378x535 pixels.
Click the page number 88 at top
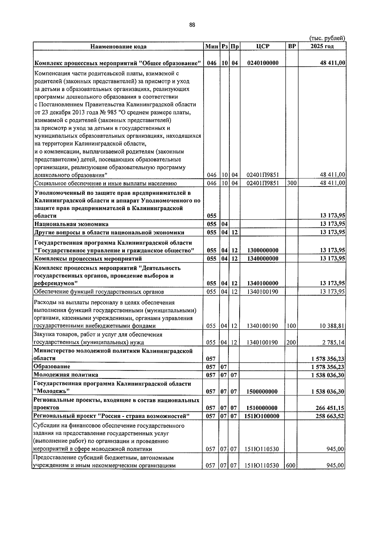point(192,25)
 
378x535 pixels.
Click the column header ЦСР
point(263,46)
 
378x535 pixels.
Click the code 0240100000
point(263,63)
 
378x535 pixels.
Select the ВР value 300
point(292,183)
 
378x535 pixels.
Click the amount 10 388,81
point(332,326)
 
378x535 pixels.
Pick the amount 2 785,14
point(333,342)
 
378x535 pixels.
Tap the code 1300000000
point(263,250)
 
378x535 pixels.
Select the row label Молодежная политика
point(66,375)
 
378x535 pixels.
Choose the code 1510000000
point(263,408)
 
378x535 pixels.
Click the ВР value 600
point(290,465)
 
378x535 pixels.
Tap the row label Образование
point(52,367)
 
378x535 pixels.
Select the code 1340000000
point(263,259)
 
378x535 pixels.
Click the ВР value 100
point(291,326)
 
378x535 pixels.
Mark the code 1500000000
point(263,392)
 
